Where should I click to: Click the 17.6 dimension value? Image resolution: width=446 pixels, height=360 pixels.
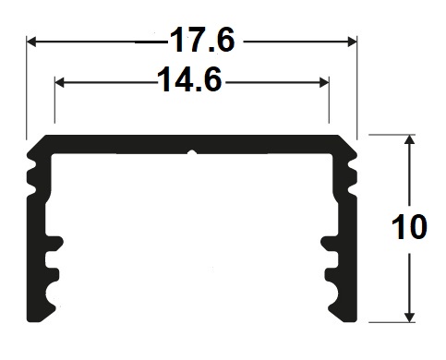202,40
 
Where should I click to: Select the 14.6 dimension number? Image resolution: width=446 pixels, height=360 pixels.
189,79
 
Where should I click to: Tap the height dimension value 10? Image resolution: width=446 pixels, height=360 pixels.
409,227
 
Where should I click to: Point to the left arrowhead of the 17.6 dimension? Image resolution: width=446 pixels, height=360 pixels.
31,42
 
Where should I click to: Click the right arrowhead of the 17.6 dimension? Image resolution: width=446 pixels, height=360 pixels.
352,42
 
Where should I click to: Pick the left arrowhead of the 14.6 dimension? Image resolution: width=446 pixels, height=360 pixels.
59,82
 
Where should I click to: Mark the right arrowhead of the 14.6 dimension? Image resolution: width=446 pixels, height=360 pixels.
324,82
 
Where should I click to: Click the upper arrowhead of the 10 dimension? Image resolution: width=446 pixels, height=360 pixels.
409,139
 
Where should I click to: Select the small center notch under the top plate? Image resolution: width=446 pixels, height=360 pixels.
192,152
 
